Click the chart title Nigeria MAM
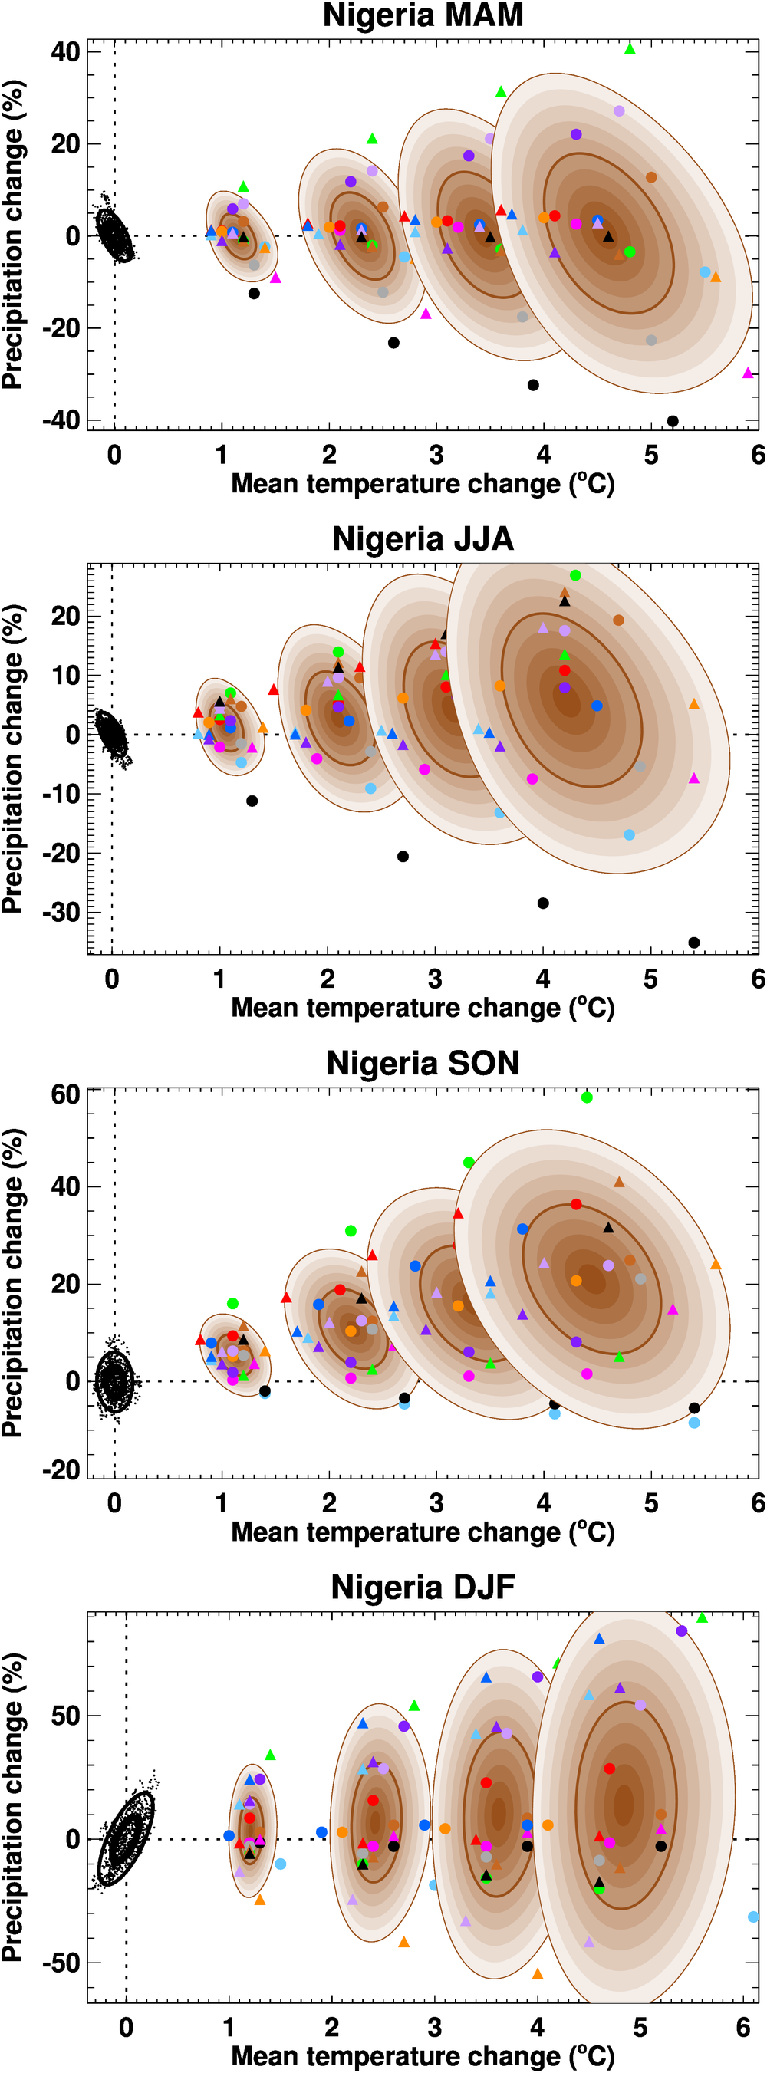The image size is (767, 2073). pos(423,15)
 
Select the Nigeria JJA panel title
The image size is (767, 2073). pos(423,539)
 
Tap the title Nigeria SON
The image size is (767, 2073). pos(423,1063)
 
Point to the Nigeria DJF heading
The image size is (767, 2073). pos(423,1587)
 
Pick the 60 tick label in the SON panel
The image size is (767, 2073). pos(65,1094)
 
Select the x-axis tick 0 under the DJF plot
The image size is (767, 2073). pos(127,2026)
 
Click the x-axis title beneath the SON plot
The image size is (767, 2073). pos(423,1532)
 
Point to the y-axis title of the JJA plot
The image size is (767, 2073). pos(13,758)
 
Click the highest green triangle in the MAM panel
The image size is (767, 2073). pos(630,49)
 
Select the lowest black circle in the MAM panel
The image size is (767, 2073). pos(673,421)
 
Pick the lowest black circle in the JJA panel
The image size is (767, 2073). pos(694,943)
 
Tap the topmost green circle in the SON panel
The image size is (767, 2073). pos(587,1097)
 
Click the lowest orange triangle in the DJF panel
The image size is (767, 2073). pos(538,1974)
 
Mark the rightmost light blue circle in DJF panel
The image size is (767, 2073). pos(753,1917)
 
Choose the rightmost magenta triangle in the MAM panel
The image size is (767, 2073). pos(748,373)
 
